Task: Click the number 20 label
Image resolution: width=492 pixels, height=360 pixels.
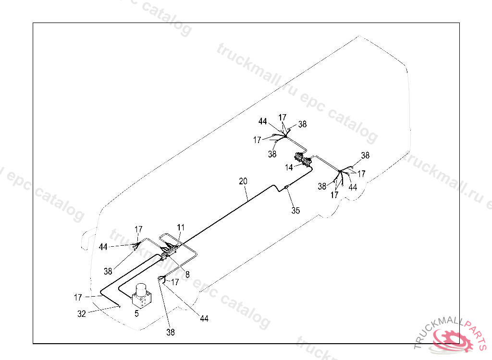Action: (x=243, y=181)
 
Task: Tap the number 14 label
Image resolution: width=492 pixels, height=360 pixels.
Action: (x=289, y=168)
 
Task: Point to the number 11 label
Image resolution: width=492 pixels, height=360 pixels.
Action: (x=181, y=227)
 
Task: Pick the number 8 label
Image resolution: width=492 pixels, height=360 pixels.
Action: (x=187, y=274)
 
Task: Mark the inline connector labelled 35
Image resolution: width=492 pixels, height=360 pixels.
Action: (x=286, y=187)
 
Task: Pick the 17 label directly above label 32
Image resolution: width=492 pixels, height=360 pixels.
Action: (x=78, y=298)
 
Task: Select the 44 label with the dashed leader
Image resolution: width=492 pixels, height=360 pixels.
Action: (x=103, y=247)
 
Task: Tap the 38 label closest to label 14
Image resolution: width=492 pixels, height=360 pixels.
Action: (x=272, y=154)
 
